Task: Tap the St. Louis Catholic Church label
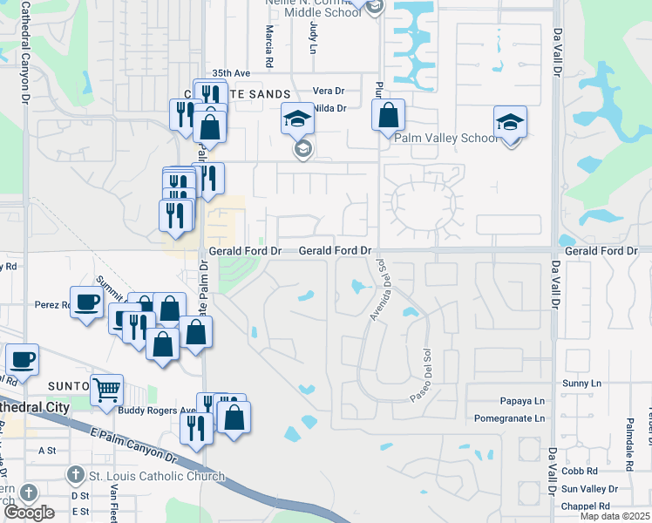(x=157, y=477)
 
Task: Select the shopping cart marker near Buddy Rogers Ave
(x=106, y=390)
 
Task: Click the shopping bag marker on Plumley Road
(x=388, y=115)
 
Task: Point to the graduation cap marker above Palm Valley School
(x=510, y=122)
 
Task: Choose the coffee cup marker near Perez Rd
(x=86, y=302)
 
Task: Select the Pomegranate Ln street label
(x=509, y=418)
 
